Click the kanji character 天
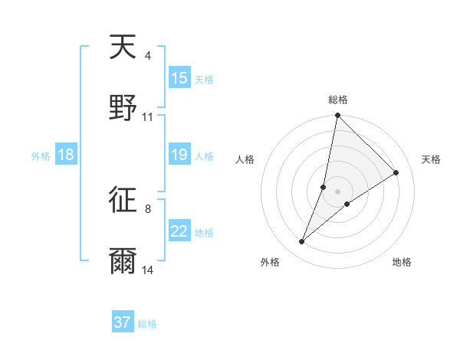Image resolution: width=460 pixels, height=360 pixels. point(123,47)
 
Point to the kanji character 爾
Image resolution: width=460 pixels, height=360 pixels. point(123,260)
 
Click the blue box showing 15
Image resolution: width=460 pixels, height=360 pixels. point(179,78)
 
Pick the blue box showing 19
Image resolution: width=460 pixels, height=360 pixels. point(179,155)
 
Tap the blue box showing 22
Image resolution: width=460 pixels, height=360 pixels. point(179,232)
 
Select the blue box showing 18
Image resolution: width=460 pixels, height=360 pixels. point(66,155)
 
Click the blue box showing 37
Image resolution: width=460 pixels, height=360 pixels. point(123,322)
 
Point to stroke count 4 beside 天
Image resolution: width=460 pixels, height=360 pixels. point(147,56)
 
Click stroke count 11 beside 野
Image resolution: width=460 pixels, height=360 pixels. point(148,117)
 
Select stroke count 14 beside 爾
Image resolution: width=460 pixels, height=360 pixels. point(148,270)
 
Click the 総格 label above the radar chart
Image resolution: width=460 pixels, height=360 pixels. point(337,100)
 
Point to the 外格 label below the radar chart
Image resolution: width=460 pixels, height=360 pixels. point(270,262)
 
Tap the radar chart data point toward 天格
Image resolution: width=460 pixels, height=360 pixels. point(396,172)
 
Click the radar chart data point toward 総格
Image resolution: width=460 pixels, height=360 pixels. point(337,116)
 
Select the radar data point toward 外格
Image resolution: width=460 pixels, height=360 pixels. point(302,242)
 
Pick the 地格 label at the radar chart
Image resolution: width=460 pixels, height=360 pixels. point(402,262)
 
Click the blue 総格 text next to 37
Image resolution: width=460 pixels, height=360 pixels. point(147,324)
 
